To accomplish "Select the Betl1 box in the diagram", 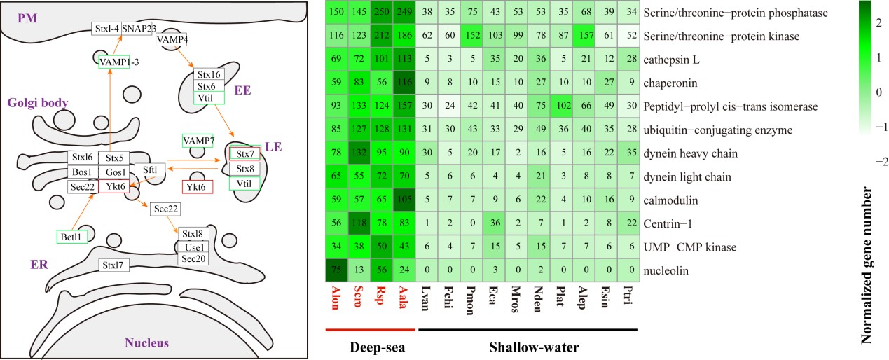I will click(71, 237).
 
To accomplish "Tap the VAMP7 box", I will click(198, 141).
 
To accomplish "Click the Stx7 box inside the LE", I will click(244, 153).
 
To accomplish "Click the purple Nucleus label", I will click(146, 343).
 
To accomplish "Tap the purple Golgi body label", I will click(38, 103).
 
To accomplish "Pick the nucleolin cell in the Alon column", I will click(337, 270).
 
